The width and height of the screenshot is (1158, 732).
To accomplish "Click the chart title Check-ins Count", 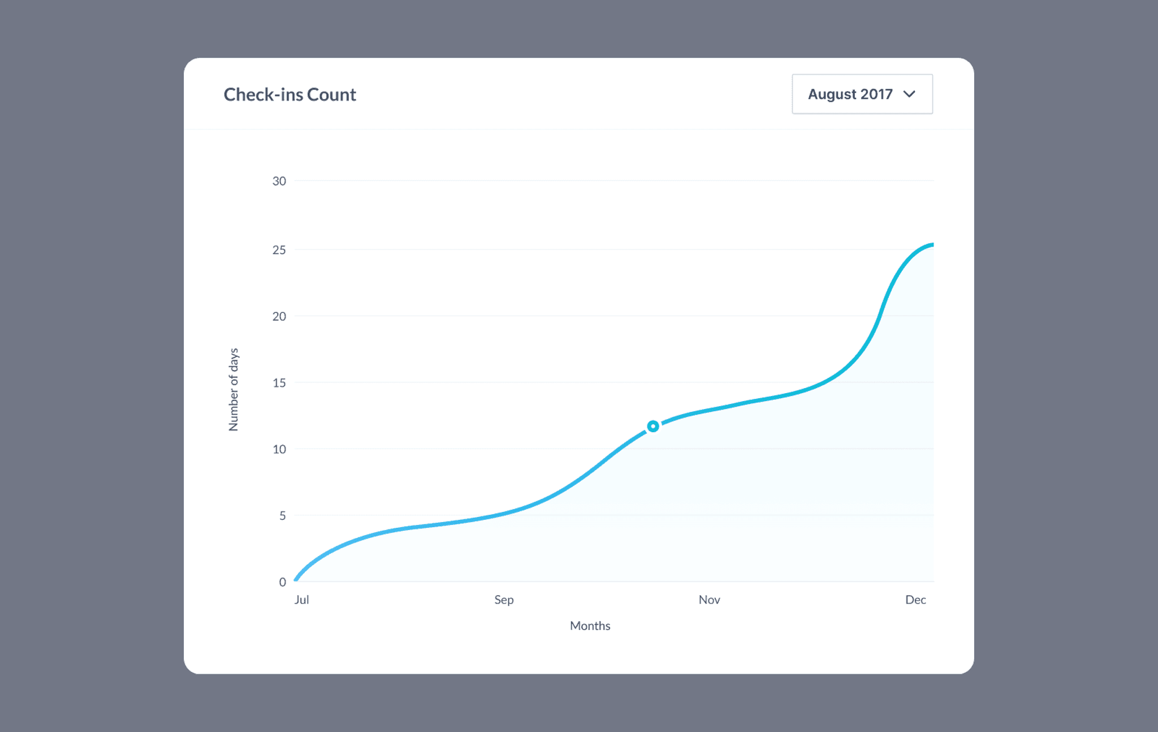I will pos(289,94).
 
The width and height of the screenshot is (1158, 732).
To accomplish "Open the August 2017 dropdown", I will pos(862,94).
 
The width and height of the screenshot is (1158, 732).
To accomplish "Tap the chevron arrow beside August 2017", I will pos(909,94).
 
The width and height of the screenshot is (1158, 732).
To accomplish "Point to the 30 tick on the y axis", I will pos(279,181).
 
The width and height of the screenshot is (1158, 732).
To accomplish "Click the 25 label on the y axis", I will pos(279,250).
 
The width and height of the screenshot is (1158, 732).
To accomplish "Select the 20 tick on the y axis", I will pos(279,316).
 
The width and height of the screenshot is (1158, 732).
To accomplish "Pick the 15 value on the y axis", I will pos(279,383).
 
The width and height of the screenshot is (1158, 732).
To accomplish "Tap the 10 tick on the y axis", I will pos(279,449).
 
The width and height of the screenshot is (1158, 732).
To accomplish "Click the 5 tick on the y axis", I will pos(282,515).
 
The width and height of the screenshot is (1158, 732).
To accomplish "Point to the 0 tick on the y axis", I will pos(282,582).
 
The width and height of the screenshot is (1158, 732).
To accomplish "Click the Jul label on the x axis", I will pos(301,600).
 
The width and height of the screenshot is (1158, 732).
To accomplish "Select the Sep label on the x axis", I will pos(504,600).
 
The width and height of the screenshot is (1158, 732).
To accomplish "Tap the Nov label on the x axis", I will pos(709,600).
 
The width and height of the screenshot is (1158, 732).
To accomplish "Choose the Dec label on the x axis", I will pos(915,600).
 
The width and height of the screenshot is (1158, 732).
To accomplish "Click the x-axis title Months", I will pos(590,626).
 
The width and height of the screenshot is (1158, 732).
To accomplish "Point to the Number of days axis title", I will pos(234,390).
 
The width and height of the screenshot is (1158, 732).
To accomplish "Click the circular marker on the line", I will pos(653,426).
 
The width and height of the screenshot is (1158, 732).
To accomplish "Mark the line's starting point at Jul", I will pos(296,580).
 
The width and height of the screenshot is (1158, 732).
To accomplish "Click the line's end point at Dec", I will pos(932,245).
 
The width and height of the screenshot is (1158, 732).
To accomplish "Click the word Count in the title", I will pos(331,94).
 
